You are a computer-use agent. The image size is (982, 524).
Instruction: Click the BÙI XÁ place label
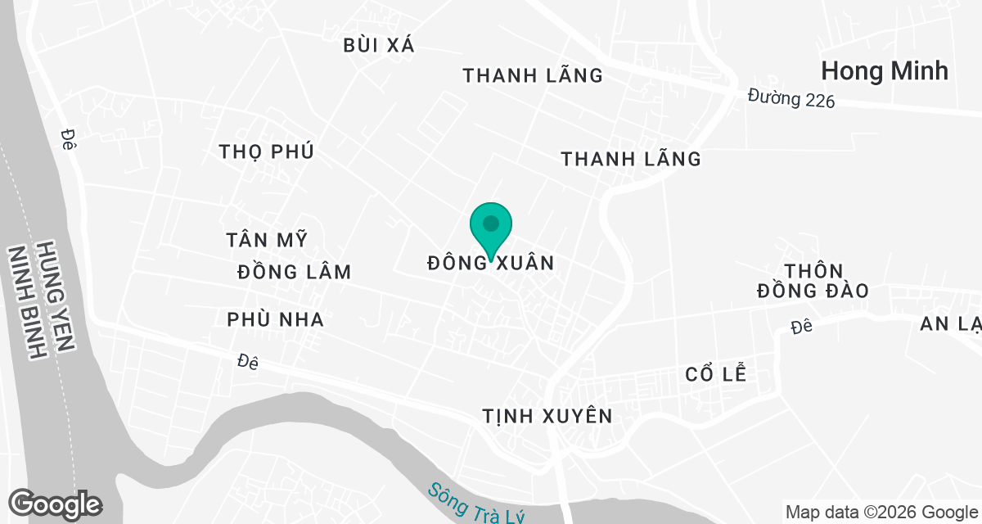click(x=379, y=46)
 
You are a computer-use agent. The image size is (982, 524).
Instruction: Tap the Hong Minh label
click(x=885, y=71)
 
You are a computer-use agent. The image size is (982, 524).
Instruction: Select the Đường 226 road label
click(x=791, y=99)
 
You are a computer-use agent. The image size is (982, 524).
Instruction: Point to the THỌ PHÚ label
click(x=267, y=151)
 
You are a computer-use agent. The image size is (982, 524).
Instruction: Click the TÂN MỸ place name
click(x=267, y=240)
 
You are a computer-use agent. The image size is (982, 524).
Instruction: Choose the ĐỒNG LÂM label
click(x=295, y=272)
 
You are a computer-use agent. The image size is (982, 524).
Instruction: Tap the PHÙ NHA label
click(x=276, y=319)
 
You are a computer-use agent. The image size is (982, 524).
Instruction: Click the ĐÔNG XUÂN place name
click(x=491, y=264)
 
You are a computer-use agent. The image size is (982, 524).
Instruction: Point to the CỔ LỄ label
click(x=716, y=374)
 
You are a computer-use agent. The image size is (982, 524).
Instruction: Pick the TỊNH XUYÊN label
click(x=547, y=416)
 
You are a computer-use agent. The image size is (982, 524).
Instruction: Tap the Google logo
click(x=55, y=504)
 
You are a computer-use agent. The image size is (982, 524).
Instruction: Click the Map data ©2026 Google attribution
click(x=881, y=512)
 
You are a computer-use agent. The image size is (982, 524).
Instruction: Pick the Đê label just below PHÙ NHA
click(x=248, y=362)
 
